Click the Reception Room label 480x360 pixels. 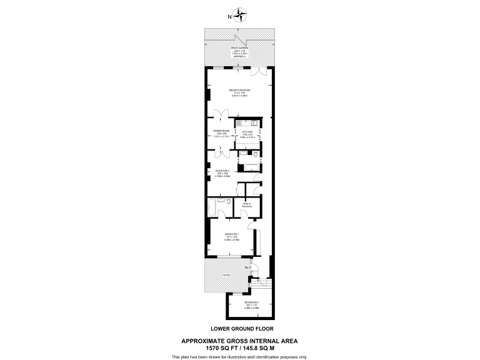click(240, 92)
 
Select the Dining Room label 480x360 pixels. click(222, 132)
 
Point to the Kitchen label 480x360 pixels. click(248, 133)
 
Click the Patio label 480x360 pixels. click(226, 275)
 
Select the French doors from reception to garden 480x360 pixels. click(265, 67)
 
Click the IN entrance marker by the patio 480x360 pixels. click(248, 268)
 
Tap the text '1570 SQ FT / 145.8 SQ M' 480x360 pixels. click(240, 347)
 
